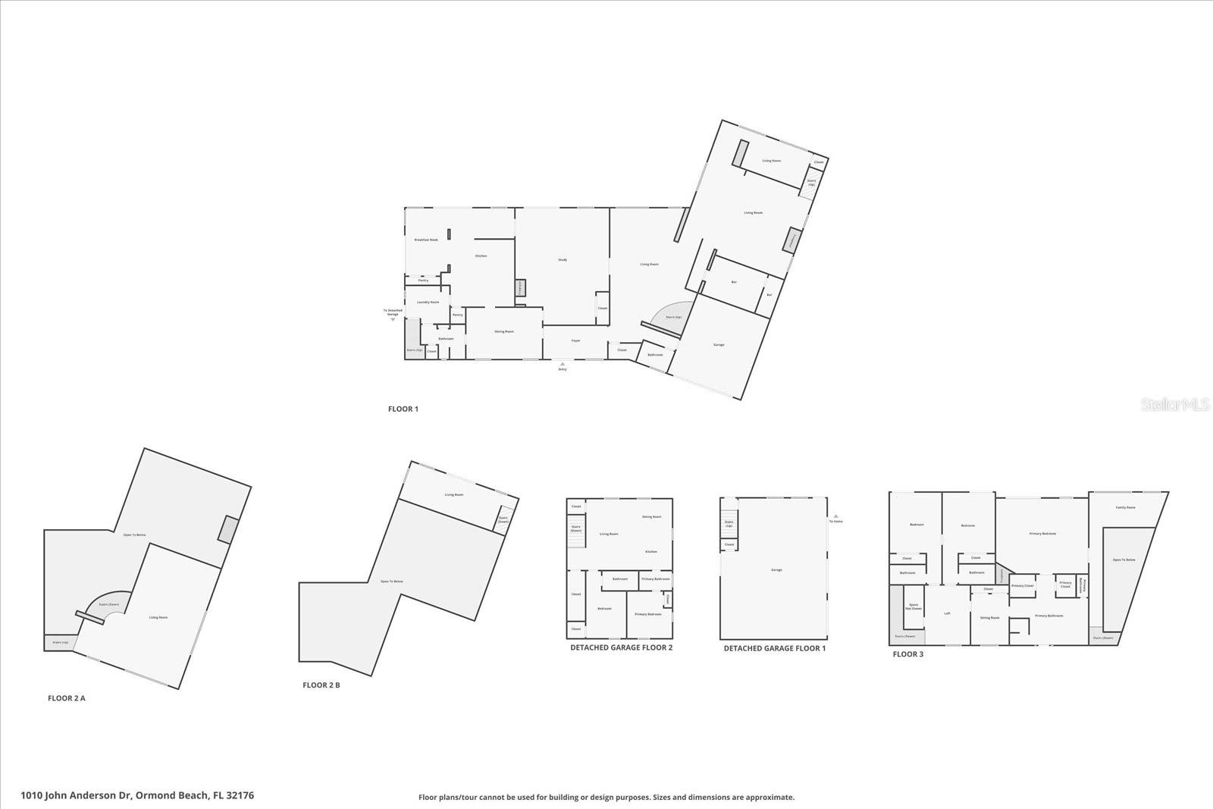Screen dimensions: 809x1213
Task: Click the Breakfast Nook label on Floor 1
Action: coord(426,240)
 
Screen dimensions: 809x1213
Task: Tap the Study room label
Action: coord(563,260)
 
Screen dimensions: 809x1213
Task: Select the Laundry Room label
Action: coord(428,303)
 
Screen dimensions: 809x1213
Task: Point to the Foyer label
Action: coord(575,341)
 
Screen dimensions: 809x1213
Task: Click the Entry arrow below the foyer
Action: coord(563,365)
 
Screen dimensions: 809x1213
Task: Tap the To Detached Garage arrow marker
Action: coord(393,319)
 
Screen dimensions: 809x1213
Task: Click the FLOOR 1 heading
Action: coord(403,409)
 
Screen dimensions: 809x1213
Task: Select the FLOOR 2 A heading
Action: coord(67,698)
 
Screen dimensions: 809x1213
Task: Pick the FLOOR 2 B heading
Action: coord(321,685)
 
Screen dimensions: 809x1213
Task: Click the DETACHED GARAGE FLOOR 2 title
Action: coord(621,648)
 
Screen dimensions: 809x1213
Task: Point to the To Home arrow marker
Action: coord(835,516)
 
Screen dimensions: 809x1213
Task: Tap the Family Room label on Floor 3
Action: coord(1125,508)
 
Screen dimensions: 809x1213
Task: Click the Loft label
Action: coord(948,613)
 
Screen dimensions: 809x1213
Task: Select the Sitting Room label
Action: coord(989,618)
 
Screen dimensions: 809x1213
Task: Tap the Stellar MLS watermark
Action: coord(1175,406)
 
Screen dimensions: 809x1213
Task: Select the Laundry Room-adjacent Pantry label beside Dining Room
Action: coord(457,315)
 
